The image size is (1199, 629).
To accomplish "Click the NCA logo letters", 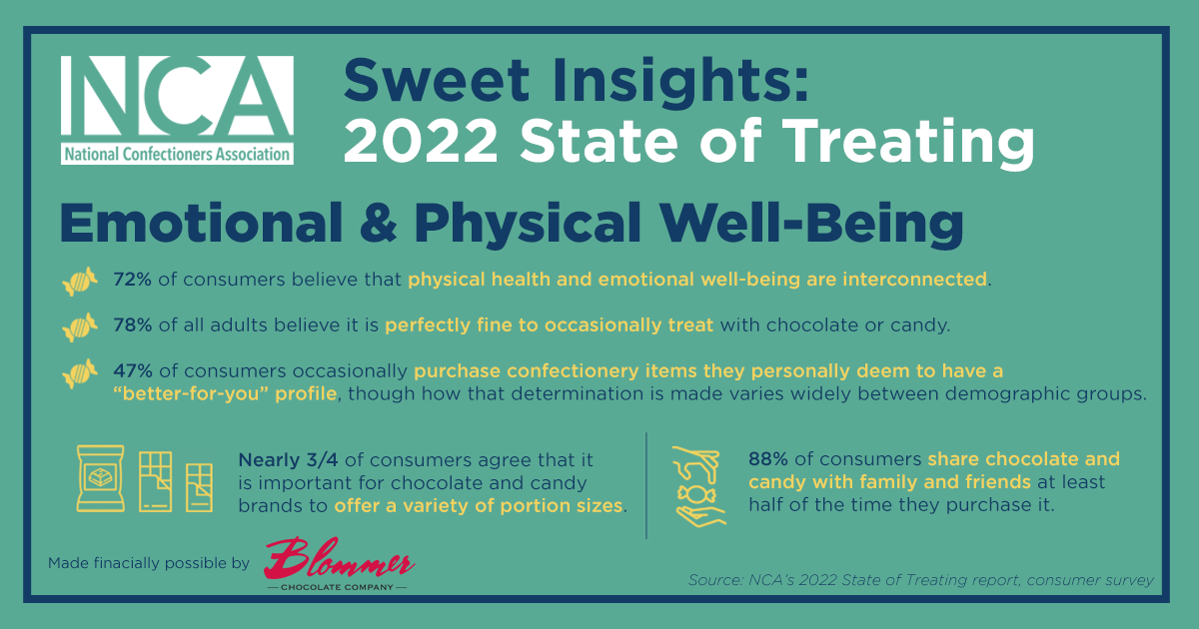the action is (x=177, y=96).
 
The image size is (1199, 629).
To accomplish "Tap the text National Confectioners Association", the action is (x=177, y=155).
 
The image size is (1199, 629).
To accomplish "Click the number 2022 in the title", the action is (x=421, y=141).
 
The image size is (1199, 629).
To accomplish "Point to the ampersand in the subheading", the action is (x=379, y=223).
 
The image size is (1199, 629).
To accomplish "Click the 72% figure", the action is (x=132, y=280).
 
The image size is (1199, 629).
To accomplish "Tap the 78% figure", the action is (x=132, y=325).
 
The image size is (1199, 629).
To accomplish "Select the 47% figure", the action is (x=133, y=370).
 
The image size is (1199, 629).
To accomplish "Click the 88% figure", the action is (x=768, y=459).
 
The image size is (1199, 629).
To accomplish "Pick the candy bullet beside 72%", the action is (x=80, y=281).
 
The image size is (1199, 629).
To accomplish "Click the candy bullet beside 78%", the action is (x=80, y=326).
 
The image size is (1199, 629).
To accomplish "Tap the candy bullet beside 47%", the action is (x=80, y=372).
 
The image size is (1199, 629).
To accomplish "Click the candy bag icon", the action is (x=101, y=478).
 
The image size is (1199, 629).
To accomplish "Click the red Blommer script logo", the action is (x=339, y=559).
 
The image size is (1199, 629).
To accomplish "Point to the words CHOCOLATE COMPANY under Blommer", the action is (x=338, y=587).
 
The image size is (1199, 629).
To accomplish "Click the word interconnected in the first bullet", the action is (x=915, y=280).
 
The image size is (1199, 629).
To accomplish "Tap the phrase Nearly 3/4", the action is (x=288, y=460).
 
